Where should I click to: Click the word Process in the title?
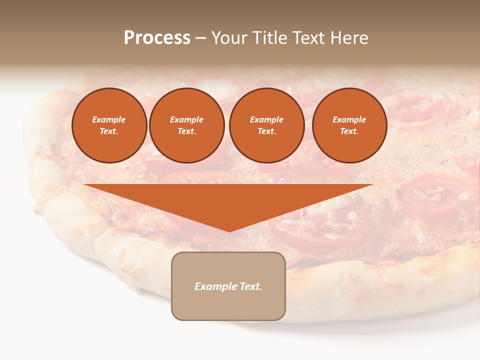pos(157,38)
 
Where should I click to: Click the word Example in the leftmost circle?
pos(109,119)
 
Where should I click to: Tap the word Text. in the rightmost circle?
pos(349,131)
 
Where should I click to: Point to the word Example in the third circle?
pos(266,119)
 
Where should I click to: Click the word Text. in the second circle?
pos(187,131)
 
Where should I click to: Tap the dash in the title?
pos(200,38)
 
